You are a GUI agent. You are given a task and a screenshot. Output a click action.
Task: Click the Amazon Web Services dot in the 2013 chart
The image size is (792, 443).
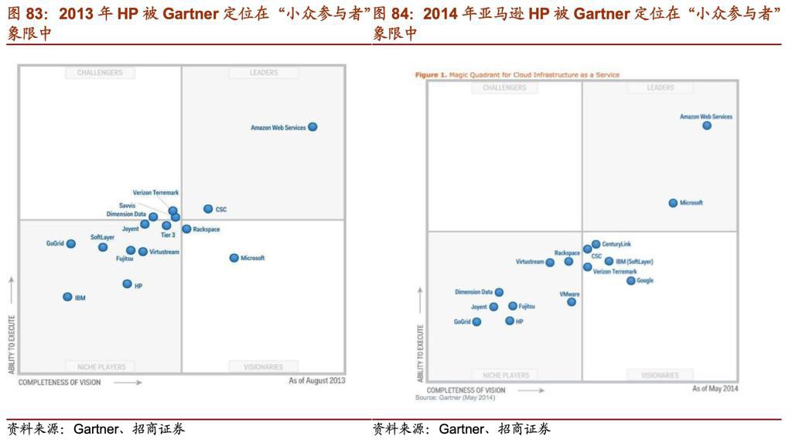click(x=312, y=127)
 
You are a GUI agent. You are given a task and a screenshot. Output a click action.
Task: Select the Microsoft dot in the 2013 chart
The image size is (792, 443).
click(x=234, y=258)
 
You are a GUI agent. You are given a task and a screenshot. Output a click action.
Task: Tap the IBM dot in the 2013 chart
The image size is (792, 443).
click(x=67, y=297)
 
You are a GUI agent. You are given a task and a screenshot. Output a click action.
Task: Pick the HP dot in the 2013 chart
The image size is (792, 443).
click(x=127, y=284)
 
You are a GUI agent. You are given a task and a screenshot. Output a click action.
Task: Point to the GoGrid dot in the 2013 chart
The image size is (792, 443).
click(x=71, y=244)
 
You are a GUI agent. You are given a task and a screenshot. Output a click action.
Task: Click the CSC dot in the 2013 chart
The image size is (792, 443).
click(x=208, y=209)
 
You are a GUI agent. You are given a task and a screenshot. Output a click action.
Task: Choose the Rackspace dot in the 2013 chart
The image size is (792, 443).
click(x=186, y=229)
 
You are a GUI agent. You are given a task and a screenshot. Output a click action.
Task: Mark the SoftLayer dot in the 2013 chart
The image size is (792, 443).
click(x=103, y=247)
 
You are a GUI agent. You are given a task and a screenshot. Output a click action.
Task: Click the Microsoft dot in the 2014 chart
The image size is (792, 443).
click(x=673, y=203)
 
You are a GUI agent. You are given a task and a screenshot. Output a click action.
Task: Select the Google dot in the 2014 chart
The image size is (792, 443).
click(x=631, y=281)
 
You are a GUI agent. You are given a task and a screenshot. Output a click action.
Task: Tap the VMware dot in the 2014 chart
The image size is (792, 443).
click(x=572, y=302)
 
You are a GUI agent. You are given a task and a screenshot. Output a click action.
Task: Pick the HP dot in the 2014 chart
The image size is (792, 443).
click(x=510, y=321)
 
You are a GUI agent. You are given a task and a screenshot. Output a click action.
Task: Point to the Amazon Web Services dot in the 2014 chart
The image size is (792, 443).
click(x=707, y=125)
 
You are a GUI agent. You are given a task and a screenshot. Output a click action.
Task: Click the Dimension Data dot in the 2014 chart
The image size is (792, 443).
click(x=499, y=293)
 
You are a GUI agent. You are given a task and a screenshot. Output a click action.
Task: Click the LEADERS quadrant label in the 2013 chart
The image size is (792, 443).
click(x=264, y=73)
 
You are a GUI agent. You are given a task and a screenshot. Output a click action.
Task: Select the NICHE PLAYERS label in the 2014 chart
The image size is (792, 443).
click(x=504, y=376)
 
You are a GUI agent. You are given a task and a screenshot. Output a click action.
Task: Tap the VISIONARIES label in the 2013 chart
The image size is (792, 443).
click(x=264, y=367)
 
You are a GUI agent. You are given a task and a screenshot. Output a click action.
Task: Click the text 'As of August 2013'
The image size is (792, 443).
click(x=317, y=381)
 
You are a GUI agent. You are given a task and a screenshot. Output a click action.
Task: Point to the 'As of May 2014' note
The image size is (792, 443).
click(x=715, y=389)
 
